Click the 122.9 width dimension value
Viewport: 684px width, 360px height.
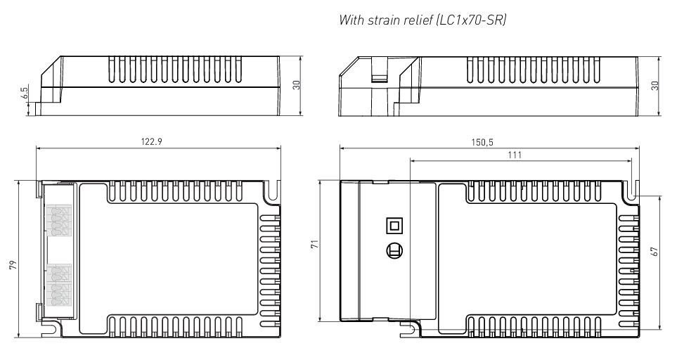[151, 141]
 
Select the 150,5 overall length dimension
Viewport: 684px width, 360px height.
[482, 142]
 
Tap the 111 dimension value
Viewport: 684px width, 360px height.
[515, 155]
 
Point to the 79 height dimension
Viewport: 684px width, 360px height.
[13, 264]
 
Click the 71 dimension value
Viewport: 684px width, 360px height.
[314, 244]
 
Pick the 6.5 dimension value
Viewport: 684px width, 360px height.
[24, 92]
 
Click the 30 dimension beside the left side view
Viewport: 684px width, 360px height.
[297, 84]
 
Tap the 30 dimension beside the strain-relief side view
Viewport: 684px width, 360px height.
[654, 86]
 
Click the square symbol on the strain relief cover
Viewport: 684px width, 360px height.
[394, 226]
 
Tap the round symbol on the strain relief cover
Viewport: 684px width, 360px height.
[394, 251]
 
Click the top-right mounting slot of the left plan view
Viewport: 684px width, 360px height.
[273, 191]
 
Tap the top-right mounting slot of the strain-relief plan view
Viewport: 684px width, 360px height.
[633, 191]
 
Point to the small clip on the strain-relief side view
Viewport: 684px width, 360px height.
[380, 70]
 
